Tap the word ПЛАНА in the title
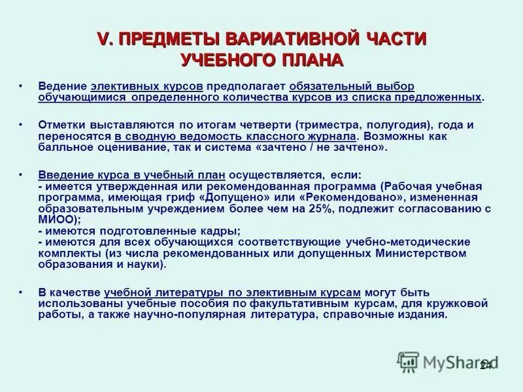click(x=312, y=60)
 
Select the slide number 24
click(x=486, y=365)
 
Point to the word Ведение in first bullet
click(x=63, y=87)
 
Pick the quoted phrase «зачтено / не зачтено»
click(x=324, y=148)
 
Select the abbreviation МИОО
click(x=53, y=220)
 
